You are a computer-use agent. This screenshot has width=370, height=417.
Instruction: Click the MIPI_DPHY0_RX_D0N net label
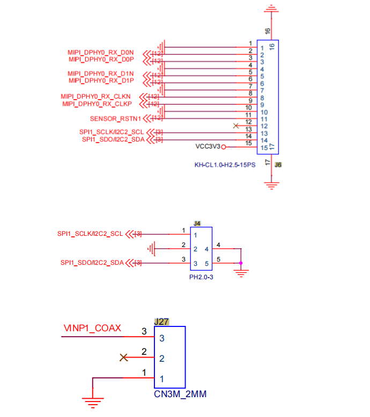[x=101, y=53]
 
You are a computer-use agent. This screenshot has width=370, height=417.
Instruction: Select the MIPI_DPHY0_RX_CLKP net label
[x=97, y=104]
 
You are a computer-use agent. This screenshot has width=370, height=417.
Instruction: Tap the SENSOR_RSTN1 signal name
[x=115, y=118]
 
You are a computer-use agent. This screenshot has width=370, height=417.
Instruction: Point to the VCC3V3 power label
[x=208, y=146]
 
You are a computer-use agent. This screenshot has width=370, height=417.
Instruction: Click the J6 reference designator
[x=278, y=165]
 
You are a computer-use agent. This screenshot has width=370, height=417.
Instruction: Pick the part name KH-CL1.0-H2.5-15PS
[x=225, y=165]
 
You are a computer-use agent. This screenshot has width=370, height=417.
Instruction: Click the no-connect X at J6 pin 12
[x=235, y=125]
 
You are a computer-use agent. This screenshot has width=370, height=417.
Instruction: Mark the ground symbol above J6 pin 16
[x=271, y=9]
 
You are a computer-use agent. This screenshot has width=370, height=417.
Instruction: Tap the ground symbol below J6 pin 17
[x=271, y=185]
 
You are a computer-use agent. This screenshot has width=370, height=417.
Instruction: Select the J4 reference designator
[x=197, y=224]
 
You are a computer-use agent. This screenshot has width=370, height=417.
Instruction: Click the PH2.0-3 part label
[x=201, y=277]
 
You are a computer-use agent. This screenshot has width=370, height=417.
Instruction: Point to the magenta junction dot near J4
[x=241, y=263]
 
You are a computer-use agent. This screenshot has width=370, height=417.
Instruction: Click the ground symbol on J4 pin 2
[x=151, y=249]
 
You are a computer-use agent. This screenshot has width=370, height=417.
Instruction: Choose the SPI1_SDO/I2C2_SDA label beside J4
[x=92, y=263]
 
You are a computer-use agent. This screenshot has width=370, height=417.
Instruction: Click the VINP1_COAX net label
[x=92, y=328]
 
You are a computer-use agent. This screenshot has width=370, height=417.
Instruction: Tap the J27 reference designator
[x=161, y=322]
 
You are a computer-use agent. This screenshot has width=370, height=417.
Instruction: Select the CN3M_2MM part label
[x=180, y=394]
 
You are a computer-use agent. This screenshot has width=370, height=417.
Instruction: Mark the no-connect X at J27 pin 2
[x=124, y=358]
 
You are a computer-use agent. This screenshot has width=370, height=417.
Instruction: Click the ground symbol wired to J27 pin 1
[x=93, y=403]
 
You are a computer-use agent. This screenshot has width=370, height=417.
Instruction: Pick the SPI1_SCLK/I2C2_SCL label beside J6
[x=112, y=132]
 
